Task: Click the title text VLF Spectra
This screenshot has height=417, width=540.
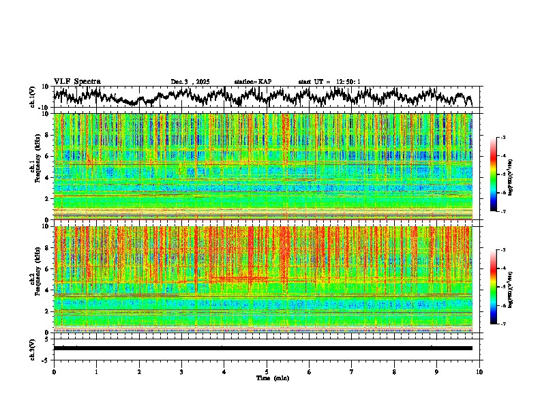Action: click(x=77, y=82)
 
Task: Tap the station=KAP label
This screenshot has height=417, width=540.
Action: click(x=252, y=82)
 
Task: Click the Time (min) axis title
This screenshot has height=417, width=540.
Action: click(x=272, y=377)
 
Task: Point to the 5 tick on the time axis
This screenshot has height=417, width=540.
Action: click(x=267, y=371)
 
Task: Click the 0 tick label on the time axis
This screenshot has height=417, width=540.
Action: click(x=54, y=371)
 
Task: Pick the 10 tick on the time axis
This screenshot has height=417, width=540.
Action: click(x=479, y=371)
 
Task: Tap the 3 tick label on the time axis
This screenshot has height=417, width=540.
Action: click(x=181, y=371)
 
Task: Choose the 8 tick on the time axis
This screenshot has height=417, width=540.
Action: click(x=394, y=371)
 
